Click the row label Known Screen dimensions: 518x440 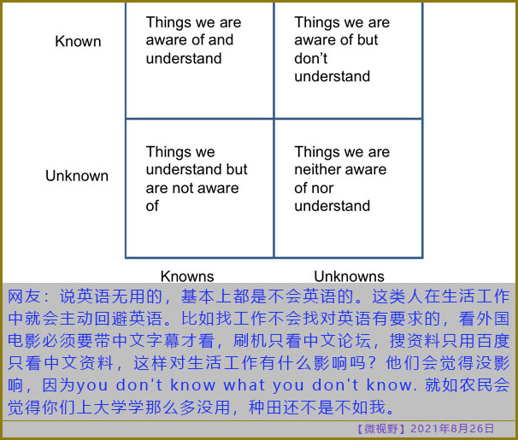coord(78,42)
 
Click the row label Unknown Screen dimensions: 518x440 coord(77,176)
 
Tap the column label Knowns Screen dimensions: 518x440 coord(187,276)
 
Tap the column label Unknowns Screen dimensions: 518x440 coord(350,276)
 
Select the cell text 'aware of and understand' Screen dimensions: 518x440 coord(190,50)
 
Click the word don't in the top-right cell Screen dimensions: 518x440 coord(311,58)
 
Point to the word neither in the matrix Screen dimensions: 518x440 coord(318,170)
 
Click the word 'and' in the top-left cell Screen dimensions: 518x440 coord(221,40)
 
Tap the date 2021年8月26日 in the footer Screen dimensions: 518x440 coord(452,429)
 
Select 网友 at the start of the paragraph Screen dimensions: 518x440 coord(24,296)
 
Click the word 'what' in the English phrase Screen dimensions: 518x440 coord(244,385)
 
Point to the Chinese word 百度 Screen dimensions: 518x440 coord(492,341)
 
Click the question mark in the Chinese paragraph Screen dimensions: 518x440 coord(372,363)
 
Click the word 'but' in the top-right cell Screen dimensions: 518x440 coord(368,40)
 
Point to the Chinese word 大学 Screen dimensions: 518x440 coord(110,408)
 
